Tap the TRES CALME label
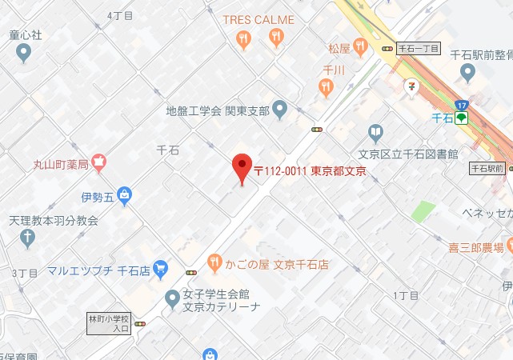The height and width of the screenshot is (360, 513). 259,20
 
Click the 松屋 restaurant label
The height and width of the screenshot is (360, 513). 340,49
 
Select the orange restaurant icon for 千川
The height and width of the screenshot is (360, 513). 325,88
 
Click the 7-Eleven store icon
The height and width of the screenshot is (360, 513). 411,84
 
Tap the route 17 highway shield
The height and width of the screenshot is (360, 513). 461,105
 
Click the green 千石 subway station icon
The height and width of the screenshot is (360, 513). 462,119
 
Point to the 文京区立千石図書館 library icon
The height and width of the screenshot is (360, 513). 375,133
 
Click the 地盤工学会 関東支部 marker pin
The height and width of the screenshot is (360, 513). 279,108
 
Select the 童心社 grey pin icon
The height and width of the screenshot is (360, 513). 23,53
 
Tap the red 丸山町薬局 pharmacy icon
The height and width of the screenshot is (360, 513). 98,162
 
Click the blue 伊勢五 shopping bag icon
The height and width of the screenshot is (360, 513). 124,194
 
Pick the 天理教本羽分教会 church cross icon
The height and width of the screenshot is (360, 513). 27,238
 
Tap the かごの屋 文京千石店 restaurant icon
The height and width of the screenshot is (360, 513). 214,262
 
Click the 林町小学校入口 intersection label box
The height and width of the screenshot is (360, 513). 110,323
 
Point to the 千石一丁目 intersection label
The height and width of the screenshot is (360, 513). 418,49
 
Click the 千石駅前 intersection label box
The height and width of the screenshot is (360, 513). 487,169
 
